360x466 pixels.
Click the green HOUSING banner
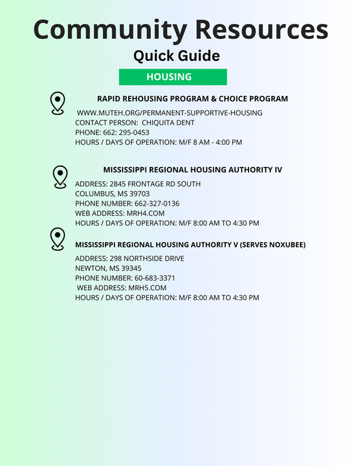pyautogui.click(x=172, y=76)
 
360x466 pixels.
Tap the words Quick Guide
pyautogui.click(x=176, y=56)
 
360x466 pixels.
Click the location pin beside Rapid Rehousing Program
pyautogui.click(x=58, y=103)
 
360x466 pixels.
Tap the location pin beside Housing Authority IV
pyautogui.click(x=60, y=177)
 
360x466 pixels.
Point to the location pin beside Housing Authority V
pyautogui.click(x=58, y=239)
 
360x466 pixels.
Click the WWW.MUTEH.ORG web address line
pyautogui.click(x=170, y=113)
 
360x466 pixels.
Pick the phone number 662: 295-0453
pyautogui.click(x=126, y=132)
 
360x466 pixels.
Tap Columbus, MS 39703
pyautogui.click(x=112, y=194)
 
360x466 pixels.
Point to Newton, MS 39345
pyautogui.click(x=108, y=268)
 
